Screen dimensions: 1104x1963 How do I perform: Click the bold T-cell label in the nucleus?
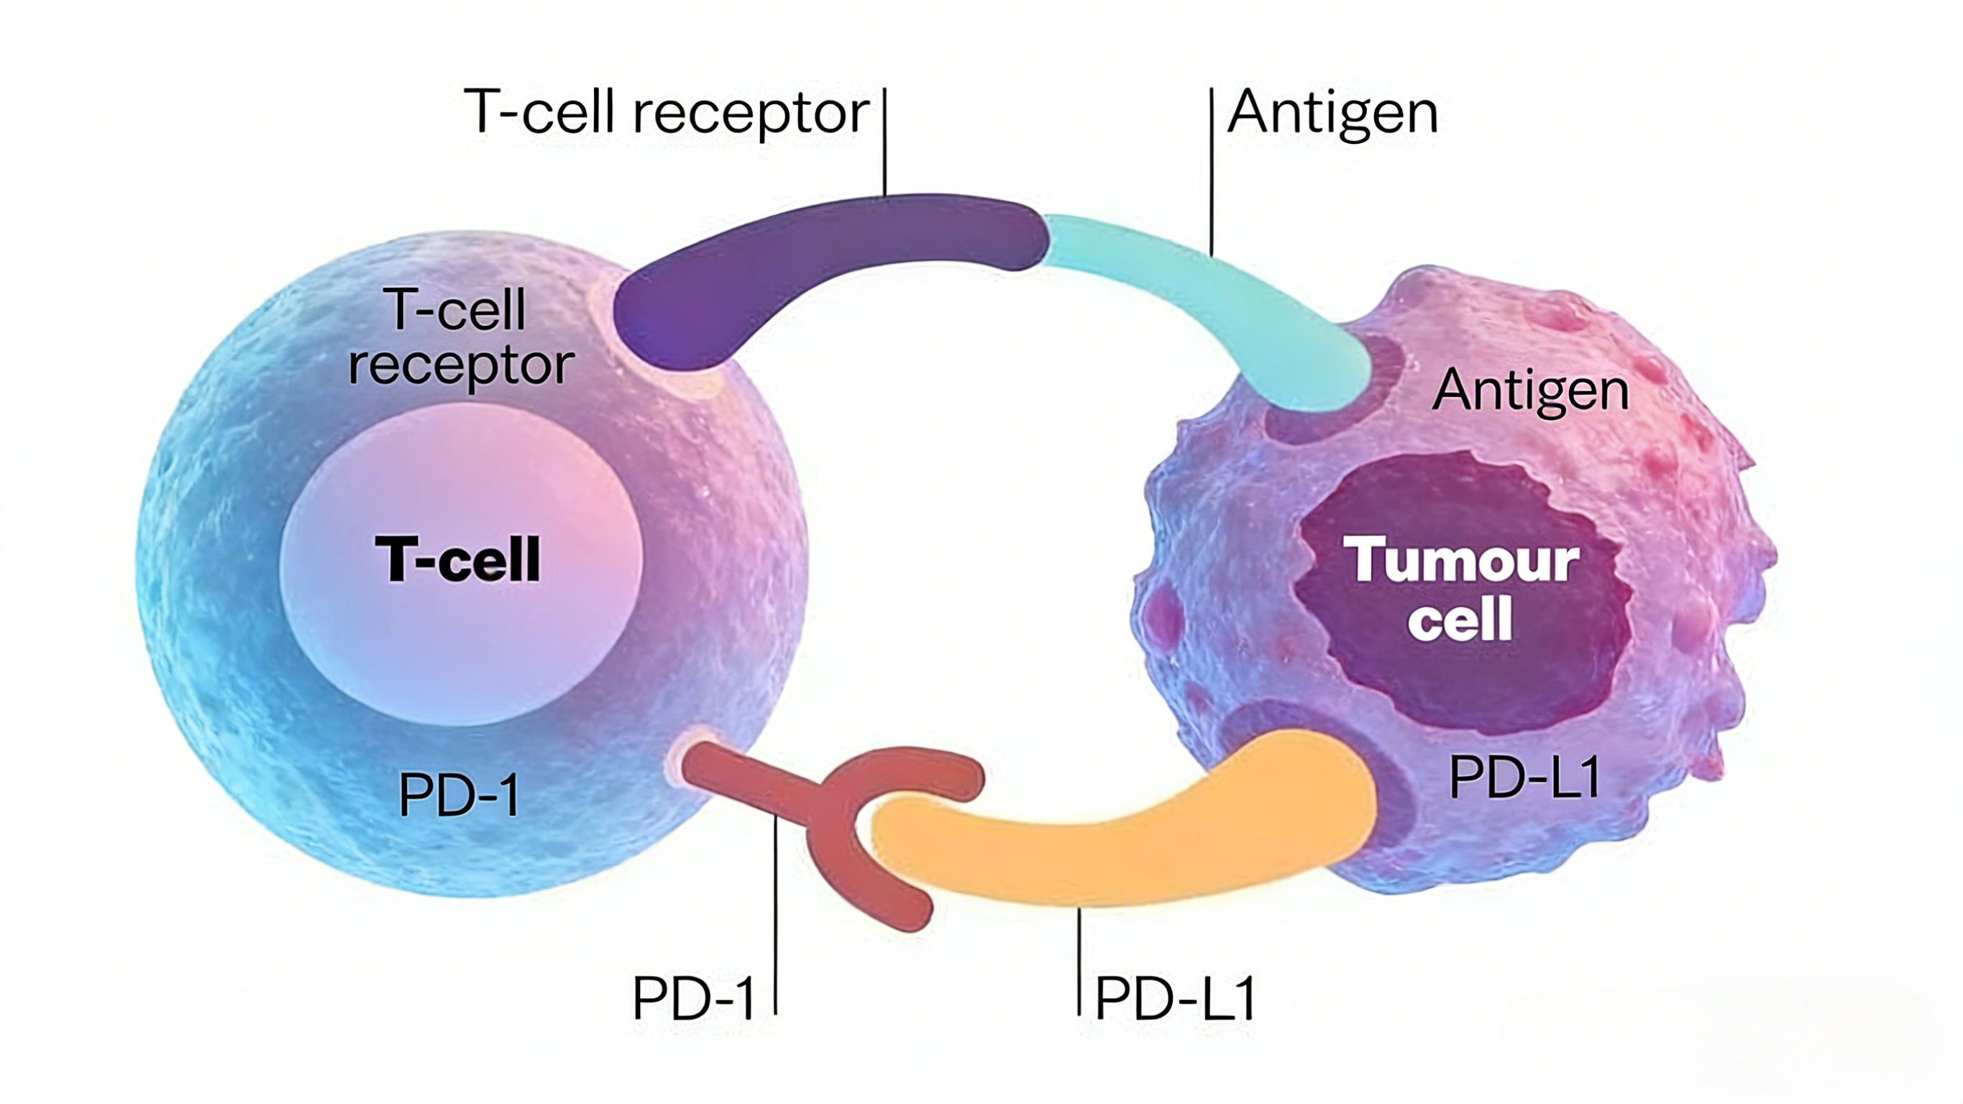click(458, 560)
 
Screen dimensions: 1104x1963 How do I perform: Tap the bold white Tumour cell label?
click(1460, 588)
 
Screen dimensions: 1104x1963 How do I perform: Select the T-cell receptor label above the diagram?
click(667, 113)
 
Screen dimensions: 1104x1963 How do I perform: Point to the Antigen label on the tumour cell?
click(1530, 391)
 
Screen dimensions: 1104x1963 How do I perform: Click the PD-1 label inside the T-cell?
click(459, 795)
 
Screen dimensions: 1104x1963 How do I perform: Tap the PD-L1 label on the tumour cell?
click(1524, 777)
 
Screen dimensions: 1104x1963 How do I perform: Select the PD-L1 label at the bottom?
click(1175, 998)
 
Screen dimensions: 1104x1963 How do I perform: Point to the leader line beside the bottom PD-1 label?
click(775, 915)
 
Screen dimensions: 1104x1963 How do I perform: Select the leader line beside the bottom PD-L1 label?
click(1079, 961)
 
